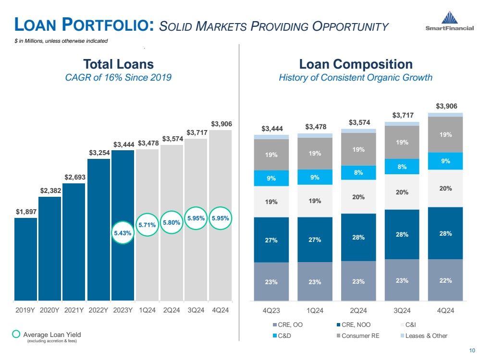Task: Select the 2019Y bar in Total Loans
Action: click(x=25, y=259)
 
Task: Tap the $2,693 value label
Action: click(x=74, y=177)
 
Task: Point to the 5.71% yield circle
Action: click(x=147, y=224)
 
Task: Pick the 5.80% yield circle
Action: click(x=172, y=222)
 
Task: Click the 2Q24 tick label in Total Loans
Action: click(x=172, y=310)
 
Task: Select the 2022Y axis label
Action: click(x=98, y=310)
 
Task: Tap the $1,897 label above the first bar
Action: click(x=25, y=211)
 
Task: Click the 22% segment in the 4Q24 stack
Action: click(x=445, y=280)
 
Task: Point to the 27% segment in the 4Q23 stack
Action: click(x=271, y=240)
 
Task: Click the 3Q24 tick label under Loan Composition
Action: click(x=402, y=310)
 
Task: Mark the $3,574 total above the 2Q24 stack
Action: click(x=358, y=122)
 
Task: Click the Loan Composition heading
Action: click(x=356, y=64)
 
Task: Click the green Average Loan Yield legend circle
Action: click(x=16, y=334)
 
